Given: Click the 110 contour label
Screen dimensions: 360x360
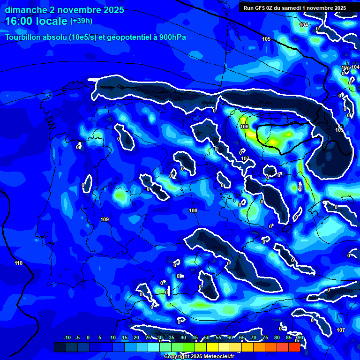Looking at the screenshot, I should (x=18, y=263).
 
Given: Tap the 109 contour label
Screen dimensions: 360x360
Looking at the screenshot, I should (x=105, y=219).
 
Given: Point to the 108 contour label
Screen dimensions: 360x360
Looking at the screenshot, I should (x=193, y=210).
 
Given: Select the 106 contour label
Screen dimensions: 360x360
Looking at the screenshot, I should (x=244, y=127).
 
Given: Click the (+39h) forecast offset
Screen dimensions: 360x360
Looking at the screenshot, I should (x=81, y=21).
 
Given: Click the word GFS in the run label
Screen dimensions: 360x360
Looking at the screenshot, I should (x=260, y=8).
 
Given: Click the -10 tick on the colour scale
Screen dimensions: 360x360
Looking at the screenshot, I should (x=67, y=337).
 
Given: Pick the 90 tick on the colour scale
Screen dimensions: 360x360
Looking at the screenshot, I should (x=300, y=337).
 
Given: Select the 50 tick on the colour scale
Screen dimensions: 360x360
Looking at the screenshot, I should (x=207, y=337).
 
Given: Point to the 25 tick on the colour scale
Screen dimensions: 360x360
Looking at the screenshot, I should (x=148, y=337).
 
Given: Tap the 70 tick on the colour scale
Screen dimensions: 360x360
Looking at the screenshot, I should (x=254, y=337).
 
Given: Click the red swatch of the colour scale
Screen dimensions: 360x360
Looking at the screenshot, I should (x=294, y=347).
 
